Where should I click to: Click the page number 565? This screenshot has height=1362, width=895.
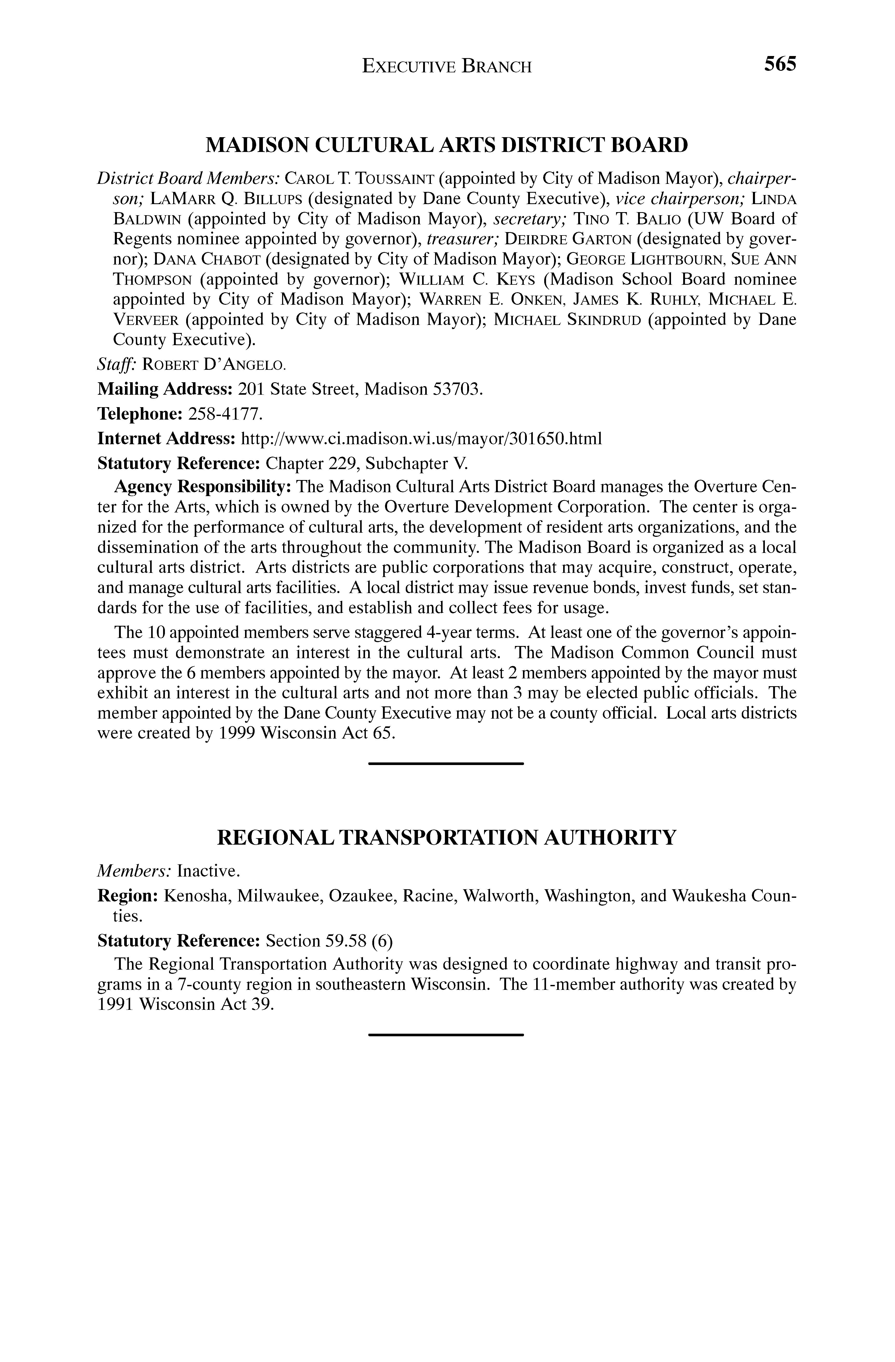tap(779, 64)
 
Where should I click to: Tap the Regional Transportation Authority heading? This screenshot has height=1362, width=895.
tap(446, 838)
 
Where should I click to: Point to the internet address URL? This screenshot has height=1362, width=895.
tap(422, 438)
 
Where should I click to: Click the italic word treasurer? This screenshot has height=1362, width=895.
tap(462, 239)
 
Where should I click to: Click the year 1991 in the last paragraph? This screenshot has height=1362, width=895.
tap(116, 1004)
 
